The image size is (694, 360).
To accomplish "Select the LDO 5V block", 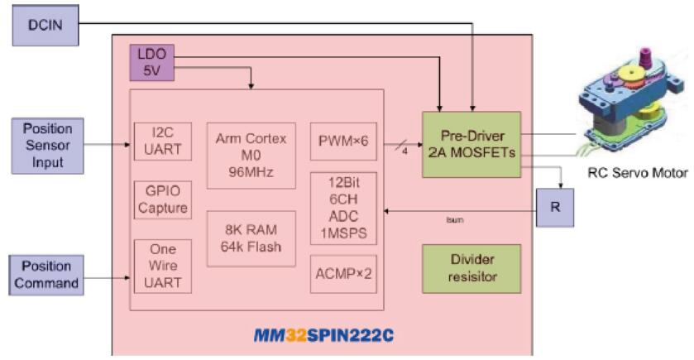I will (x=150, y=63).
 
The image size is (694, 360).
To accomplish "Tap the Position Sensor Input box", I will (x=47, y=145).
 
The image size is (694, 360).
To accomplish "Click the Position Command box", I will (x=47, y=273).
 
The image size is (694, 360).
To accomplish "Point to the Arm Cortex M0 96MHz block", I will (x=251, y=151).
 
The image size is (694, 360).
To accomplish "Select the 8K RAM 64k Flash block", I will (x=251, y=238).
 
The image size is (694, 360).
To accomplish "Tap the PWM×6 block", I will (x=342, y=141).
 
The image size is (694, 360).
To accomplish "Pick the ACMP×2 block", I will (x=342, y=274).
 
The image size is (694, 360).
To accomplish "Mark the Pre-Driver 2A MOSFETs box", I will (x=471, y=145).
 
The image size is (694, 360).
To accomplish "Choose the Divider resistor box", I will (x=471, y=268).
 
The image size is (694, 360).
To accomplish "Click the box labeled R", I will (x=556, y=207).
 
